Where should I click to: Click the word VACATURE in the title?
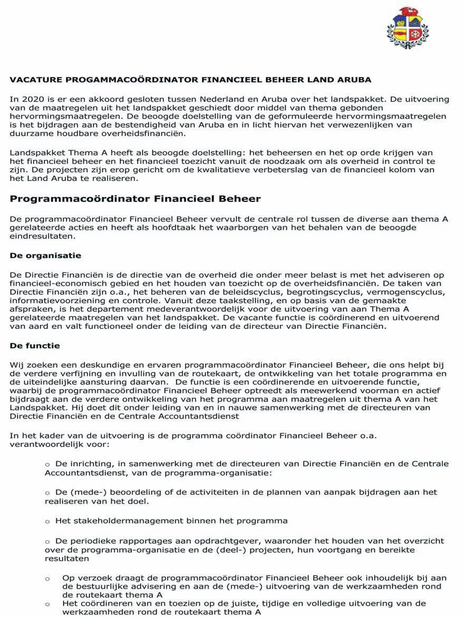pyautogui.click(x=35, y=80)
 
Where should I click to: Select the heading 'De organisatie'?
pyautogui.click(x=45, y=256)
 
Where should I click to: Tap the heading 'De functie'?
pyautogui.click(x=35, y=346)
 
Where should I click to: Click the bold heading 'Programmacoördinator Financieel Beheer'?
pyautogui.click(x=135, y=199)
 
